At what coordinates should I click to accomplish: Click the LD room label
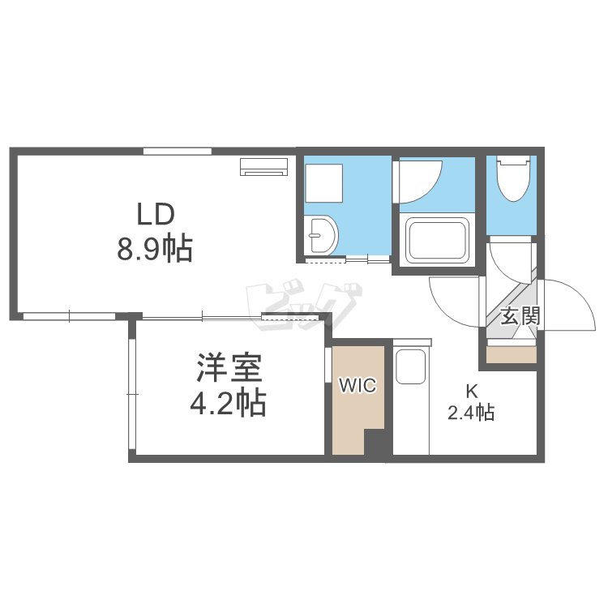pos(156,215)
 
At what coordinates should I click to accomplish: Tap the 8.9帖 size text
pos(155,249)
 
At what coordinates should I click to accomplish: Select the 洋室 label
pos(229,367)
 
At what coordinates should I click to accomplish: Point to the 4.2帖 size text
pos(228,403)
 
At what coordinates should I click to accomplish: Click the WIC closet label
pos(358,385)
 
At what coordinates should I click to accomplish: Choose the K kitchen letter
pos(472,392)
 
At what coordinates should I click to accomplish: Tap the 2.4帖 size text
pos(471,413)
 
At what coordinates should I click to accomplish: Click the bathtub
pos(437,240)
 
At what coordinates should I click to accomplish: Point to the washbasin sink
pos(322,235)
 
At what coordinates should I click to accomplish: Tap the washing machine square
pos(323,183)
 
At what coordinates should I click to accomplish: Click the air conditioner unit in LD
pos(263,166)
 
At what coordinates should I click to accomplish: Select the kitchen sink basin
pos(411,366)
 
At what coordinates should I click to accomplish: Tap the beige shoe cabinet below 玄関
pos(511,355)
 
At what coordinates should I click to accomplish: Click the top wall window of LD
pos(178,152)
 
